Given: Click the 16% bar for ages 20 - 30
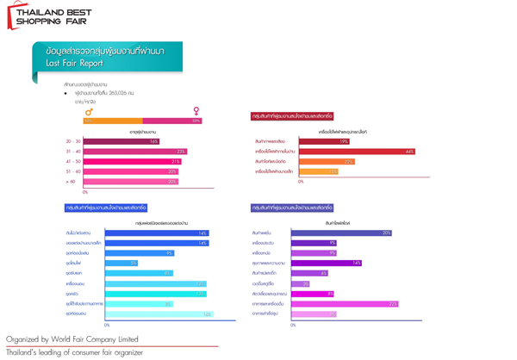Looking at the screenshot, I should point(121,141).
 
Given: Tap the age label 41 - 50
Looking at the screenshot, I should point(72,162).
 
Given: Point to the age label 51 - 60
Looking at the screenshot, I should point(72,171).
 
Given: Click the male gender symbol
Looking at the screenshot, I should point(89,111).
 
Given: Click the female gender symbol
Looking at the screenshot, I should point(196,111).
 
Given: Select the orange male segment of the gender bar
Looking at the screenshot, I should point(113,121).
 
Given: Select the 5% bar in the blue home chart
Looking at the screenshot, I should point(121,264).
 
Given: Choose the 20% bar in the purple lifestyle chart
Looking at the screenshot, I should point(341,233).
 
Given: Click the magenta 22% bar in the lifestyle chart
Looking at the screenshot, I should point(345,303).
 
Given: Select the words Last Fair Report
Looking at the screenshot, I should point(74,63).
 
